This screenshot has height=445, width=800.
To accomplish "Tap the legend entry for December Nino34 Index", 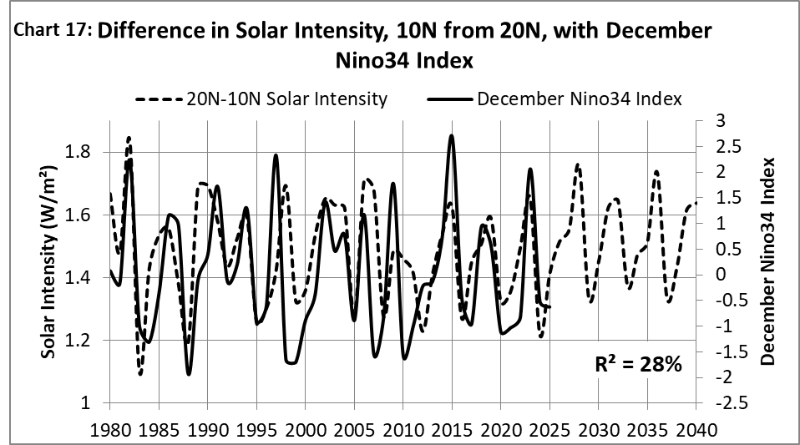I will [x=554, y=99].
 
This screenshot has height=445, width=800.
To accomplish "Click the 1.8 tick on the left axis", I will [x=84, y=153].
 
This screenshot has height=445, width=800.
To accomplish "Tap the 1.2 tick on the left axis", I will [x=84, y=341].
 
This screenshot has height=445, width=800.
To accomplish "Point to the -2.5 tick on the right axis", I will [x=720, y=403].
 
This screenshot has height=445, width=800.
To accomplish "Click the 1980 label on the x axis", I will [x=110, y=428].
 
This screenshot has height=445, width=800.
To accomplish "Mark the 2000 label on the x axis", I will [x=306, y=428].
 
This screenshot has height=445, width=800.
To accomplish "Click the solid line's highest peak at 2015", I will [x=452, y=135].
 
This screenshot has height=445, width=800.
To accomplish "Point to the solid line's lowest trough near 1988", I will [x=189, y=373].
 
